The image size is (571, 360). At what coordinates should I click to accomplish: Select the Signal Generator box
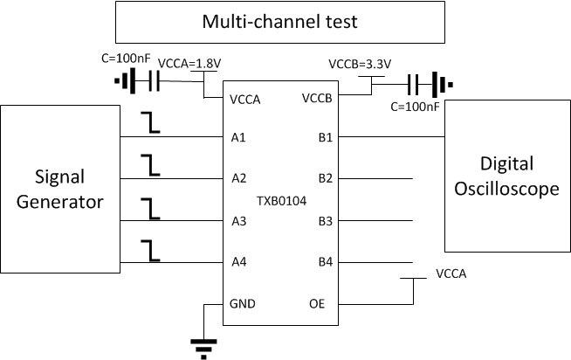(x=60, y=190)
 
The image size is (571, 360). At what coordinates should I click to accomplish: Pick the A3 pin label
(x=239, y=220)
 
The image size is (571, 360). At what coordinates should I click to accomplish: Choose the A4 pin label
(x=239, y=262)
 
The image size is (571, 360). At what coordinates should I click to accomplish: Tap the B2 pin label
(x=325, y=178)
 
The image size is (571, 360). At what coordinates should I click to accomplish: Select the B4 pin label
(x=325, y=262)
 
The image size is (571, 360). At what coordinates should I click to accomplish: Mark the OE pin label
(x=318, y=304)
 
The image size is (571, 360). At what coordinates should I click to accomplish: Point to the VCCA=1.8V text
(x=188, y=64)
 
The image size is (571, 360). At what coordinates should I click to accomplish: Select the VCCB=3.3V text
(x=358, y=64)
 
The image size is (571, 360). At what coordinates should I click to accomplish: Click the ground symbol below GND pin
(x=203, y=349)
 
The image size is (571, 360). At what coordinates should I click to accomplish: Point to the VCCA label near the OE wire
(x=450, y=273)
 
